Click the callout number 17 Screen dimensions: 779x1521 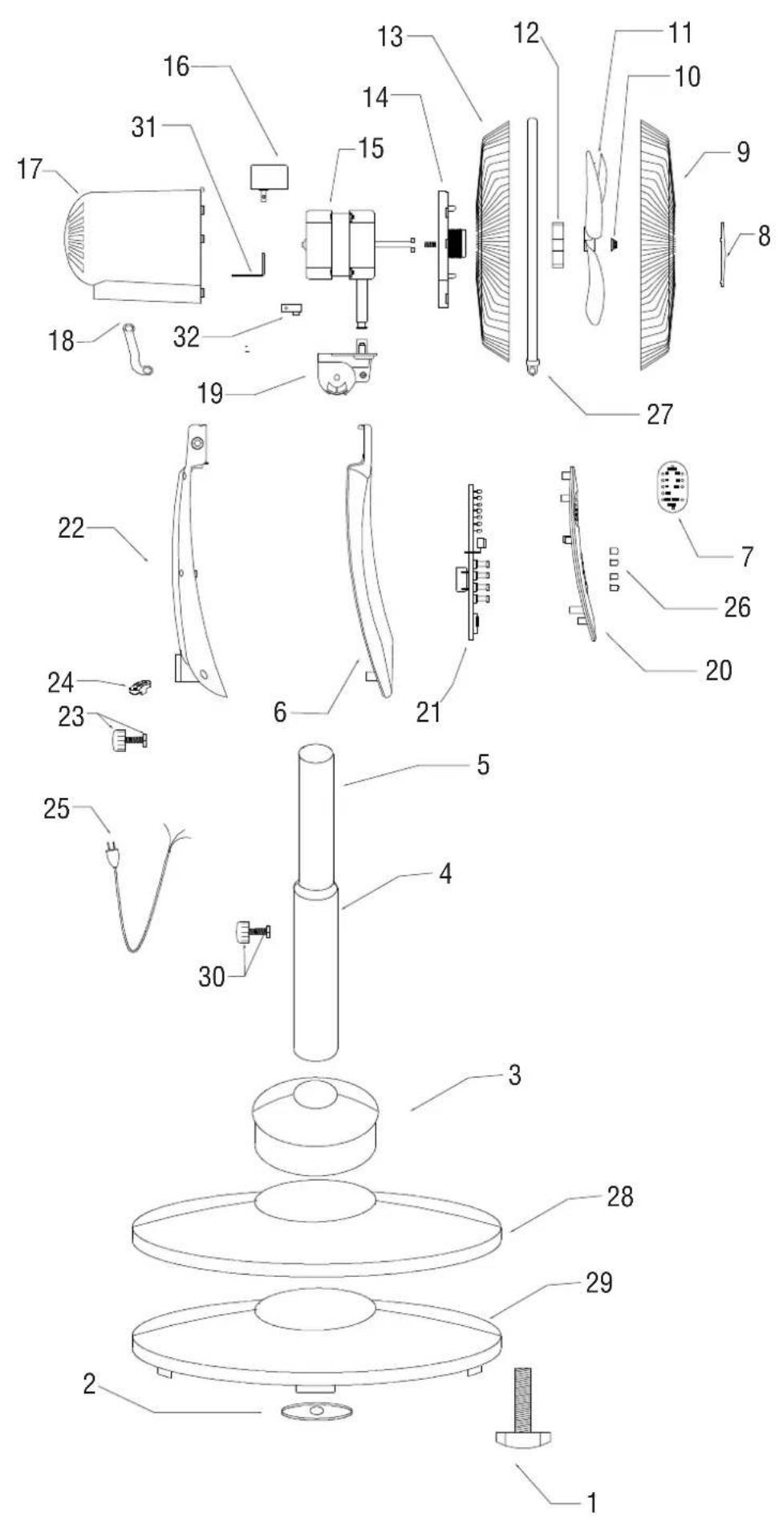tap(30, 169)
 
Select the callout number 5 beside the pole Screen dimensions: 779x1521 tap(482, 764)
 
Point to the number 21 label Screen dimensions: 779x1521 tap(428, 711)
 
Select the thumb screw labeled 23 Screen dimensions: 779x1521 tap(128, 739)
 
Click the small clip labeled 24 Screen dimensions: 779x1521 tap(140, 687)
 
